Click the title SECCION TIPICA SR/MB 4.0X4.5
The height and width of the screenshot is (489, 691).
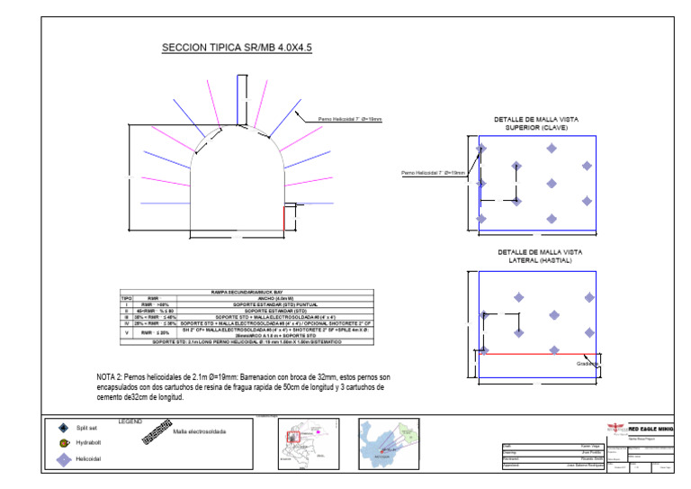(236, 48)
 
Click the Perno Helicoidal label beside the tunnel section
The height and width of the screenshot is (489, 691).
(350, 119)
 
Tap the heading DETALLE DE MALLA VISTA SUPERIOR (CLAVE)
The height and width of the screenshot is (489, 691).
(536, 123)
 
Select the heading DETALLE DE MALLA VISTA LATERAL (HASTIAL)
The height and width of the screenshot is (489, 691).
(536, 256)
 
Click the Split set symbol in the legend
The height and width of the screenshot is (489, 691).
(63, 428)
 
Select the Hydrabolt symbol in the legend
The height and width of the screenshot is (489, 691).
(63, 443)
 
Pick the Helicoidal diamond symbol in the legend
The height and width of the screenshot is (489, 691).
(63, 459)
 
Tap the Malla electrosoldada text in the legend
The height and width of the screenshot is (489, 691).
(200, 432)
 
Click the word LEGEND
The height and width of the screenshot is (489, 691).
(130, 421)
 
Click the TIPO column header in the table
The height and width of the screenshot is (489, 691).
(126, 298)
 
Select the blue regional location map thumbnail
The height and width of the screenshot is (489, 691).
(389, 443)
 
